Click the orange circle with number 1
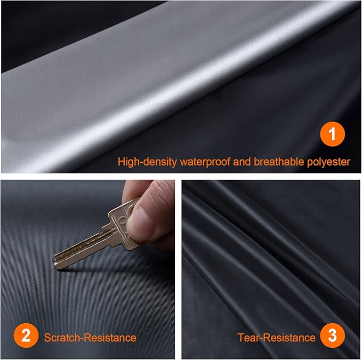coord(332,135)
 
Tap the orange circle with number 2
coord(25,337)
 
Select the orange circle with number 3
coord(332,337)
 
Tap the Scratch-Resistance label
coord(90,338)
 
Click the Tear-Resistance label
coord(276,338)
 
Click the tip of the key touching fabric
coord(55,262)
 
